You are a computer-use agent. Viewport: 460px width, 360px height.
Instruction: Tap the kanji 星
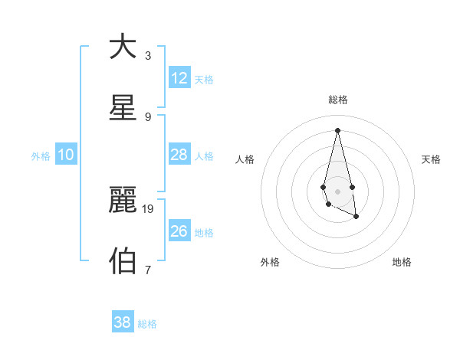click(x=123, y=108)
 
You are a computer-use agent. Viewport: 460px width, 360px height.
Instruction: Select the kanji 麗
click(x=123, y=200)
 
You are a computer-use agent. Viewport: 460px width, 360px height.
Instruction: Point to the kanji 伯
click(x=123, y=261)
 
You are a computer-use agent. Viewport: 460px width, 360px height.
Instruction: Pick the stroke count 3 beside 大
click(x=148, y=55)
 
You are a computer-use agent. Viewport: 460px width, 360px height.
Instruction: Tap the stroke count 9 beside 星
click(x=148, y=116)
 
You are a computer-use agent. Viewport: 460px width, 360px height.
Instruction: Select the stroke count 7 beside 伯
click(x=148, y=270)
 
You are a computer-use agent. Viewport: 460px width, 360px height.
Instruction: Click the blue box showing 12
click(x=179, y=78)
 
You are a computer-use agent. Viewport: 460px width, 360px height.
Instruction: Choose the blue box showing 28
click(x=179, y=155)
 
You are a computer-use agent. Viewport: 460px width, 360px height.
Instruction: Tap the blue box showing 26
click(x=179, y=231)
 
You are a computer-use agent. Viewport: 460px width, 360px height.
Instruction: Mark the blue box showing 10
click(x=66, y=155)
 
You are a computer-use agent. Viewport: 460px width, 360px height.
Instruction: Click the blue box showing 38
click(x=123, y=322)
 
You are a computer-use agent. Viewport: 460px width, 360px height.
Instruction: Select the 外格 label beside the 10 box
click(x=41, y=156)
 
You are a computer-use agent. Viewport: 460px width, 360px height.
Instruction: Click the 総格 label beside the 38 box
click(x=147, y=324)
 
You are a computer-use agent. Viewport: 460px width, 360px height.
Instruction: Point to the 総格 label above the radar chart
click(x=337, y=100)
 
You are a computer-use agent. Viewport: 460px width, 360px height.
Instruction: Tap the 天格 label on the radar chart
click(x=431, y=159)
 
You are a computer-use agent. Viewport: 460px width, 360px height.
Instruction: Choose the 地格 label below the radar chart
click(x=402, y=262)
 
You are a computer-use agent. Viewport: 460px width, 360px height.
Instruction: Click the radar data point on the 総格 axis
click(x=337, y=129)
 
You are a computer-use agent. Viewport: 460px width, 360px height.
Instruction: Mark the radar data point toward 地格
click(x=356, y=218)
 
